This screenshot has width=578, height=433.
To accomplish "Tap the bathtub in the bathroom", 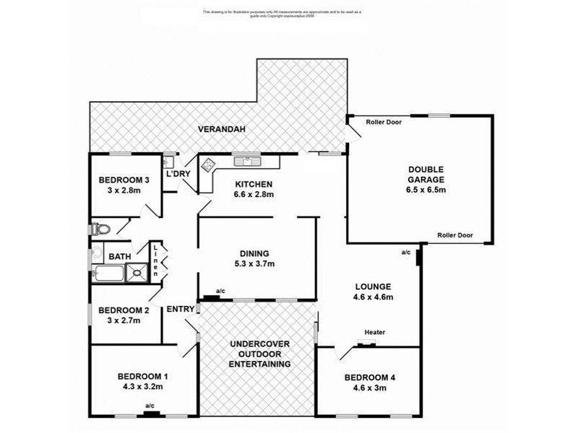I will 108,273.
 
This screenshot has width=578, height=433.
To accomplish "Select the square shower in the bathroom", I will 135,272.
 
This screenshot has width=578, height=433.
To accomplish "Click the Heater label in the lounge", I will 374,332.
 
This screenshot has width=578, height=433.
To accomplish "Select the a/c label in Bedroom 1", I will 150,406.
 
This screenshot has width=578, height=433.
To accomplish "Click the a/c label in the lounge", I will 406,252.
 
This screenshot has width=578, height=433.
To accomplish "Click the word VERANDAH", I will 222,129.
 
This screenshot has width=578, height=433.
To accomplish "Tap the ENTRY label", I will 180,309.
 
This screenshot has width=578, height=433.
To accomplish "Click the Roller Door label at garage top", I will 384,122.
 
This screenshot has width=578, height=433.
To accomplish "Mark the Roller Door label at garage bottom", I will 455,235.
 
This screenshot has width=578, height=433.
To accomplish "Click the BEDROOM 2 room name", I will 123,310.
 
